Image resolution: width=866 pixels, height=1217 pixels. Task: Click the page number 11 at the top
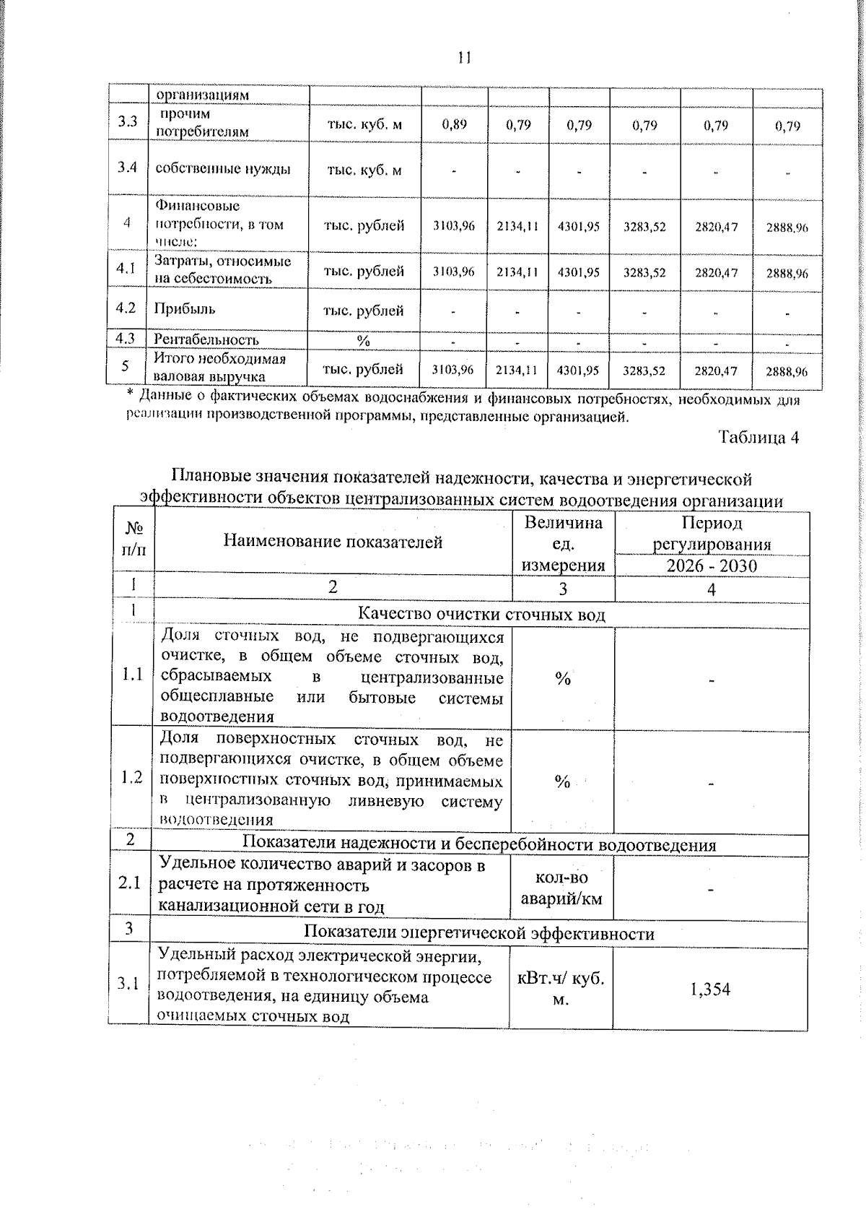pyautogui.click(x=464, y=58)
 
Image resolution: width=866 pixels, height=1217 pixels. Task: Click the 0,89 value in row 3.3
pyautogui.click(x=455, y=124)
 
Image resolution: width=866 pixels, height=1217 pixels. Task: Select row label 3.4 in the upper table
pyautogui.click(x=127, y=168)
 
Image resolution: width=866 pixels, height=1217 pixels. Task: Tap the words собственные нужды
pyautogui.click(x=223, y=169)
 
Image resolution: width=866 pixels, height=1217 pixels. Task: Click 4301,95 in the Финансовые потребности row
pyautogui.click(x=579, y=226)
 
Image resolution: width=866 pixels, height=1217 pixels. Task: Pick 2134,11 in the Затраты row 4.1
pyautogui.click(x=517, y=272)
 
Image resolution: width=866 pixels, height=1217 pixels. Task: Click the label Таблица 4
pyautogui.click(x=758, y=437)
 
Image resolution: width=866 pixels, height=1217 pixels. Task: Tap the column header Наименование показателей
pyautogui.click(x=333, y=542)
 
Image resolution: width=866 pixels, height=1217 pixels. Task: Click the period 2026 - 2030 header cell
pyautogui.click(x=712, y=566)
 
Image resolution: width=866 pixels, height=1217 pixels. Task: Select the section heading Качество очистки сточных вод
pyautogui.click(x=481, y=615)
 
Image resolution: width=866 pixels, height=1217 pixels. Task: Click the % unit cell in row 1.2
pyautogui.click(x=562, y=782)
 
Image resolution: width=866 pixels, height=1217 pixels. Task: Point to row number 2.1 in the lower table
pyautogui.click(x=131, y=883)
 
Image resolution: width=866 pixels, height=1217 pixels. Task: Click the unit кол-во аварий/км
pyautogui.click(x=561, y=888)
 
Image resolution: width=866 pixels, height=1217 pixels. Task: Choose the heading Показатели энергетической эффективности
pyautogui.click(x=479, y=933)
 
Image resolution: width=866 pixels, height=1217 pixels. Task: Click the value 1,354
pyautogui.click(x=710, y=989)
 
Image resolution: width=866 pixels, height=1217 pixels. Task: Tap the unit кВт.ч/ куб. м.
pyautogui.click(x=561, y=989)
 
